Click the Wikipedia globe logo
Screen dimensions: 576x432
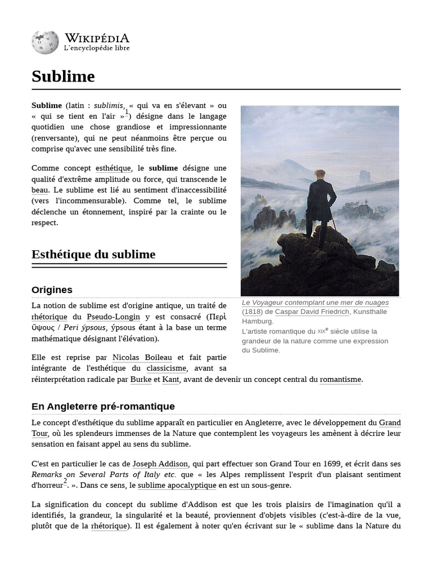44,43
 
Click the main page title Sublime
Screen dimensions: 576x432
63,76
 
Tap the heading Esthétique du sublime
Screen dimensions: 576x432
93,254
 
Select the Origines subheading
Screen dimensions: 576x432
52,290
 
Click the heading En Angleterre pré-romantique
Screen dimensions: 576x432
103,406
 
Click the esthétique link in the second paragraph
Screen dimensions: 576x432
113,168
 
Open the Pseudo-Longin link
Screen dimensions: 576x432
113,317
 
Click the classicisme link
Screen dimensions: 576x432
166,368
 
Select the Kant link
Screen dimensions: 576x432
170,380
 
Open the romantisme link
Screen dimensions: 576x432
340,380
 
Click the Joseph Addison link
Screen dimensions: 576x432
160,464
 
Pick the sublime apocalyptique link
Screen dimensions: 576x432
177,485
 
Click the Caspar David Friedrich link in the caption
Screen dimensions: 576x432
312,312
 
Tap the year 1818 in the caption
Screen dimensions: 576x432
253,312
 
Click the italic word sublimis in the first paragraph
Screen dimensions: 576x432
109,105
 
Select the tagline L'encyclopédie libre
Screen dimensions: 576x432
97,49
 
